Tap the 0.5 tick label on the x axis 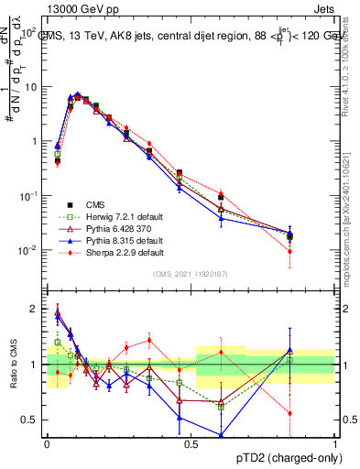191,443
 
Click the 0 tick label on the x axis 47,443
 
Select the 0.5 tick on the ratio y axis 31,420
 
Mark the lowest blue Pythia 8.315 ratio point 221,434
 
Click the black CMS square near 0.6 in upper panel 221,198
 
